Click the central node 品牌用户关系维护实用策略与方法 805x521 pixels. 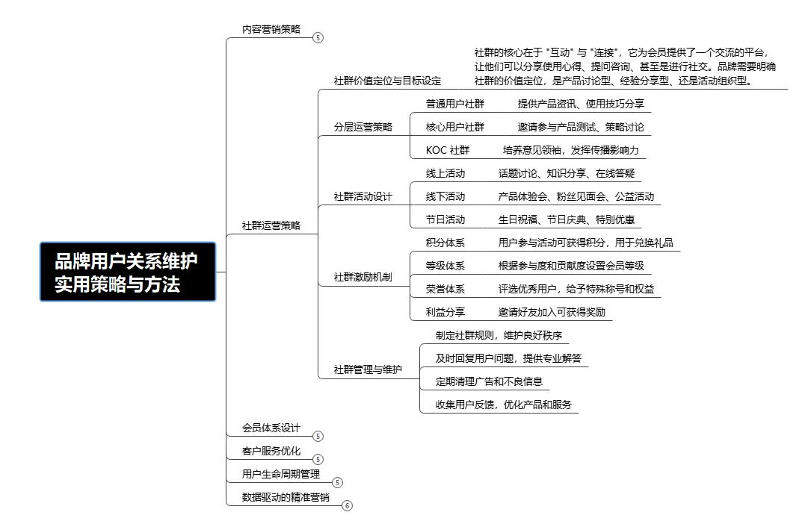[127, 272]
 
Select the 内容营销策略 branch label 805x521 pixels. [271, 29]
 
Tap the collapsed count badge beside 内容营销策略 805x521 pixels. [318, 37]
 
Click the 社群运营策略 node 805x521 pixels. [271, 225]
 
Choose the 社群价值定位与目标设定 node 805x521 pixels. [387, 81]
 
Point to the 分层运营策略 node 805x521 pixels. [363, 127]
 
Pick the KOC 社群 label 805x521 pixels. [448, 150]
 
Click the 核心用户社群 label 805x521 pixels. [455, 127]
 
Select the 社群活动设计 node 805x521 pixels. [363, 197]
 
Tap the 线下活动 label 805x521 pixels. [445, 197]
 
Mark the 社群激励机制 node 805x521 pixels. [363, 278]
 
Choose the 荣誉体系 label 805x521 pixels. [445, 289]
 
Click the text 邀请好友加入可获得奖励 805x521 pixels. [552, 312]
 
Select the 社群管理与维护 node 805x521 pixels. [367, 369]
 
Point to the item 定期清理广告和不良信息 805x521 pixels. [489, 381]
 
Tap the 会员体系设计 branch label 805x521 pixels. [271, 428]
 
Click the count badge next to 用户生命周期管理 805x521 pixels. [336, 482]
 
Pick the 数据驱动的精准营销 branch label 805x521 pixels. [286, 497]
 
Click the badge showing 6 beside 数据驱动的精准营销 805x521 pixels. [347, 505]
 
